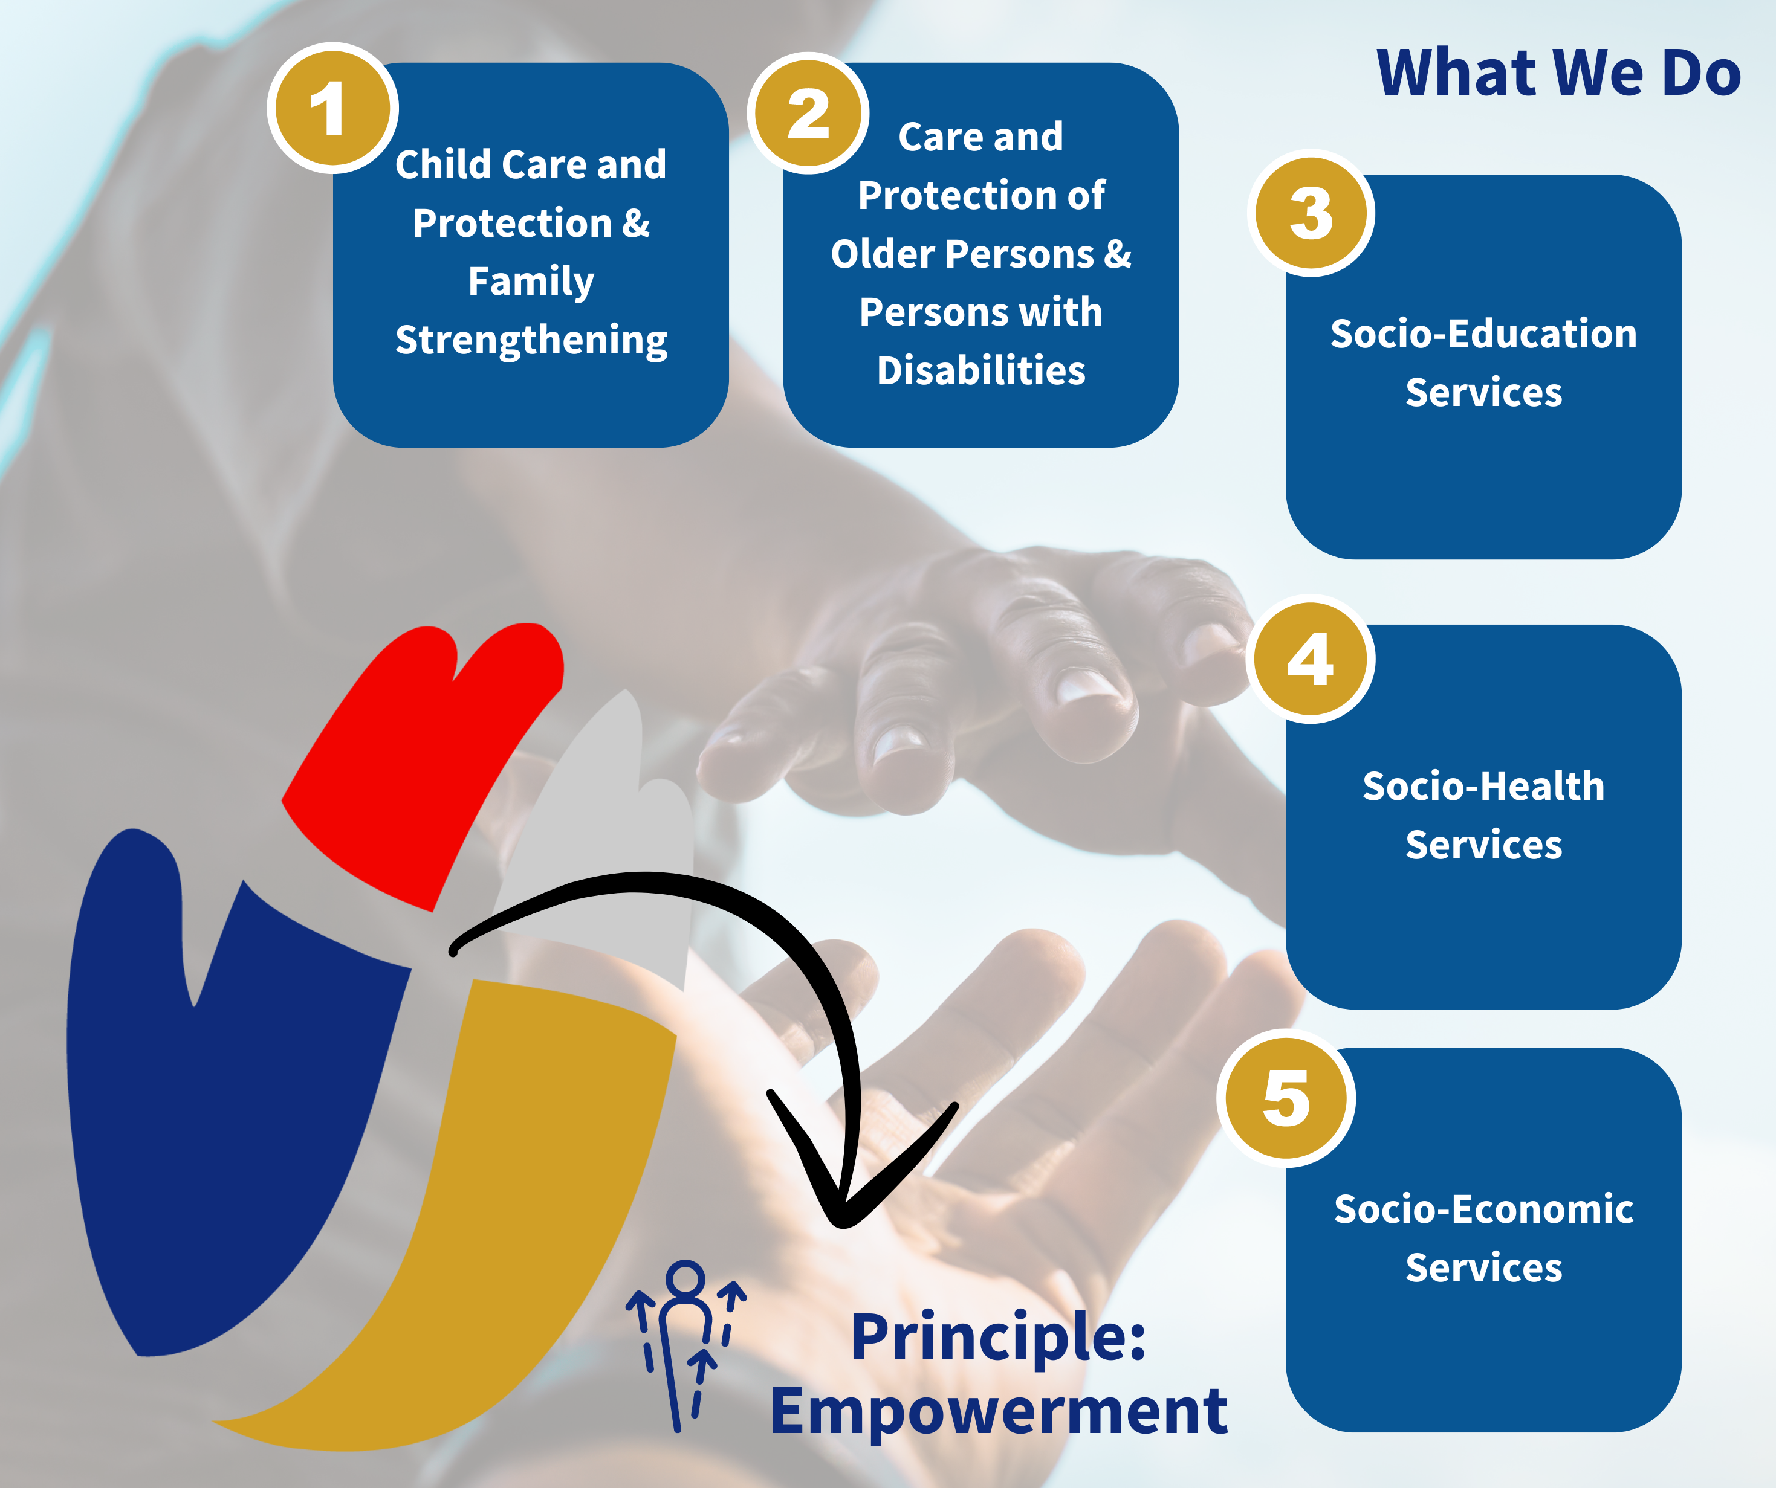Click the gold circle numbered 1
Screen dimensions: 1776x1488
pyautogui.click(x=333, y=108)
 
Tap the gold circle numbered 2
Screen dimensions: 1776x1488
pyautogui.click(x=808, y=114)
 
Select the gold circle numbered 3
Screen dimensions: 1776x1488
pyautogui.click(x=1311, y=213)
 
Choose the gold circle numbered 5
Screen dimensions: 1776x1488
pyautogui.click(x=1286, y=1098)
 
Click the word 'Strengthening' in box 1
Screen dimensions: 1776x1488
pyautogui.click(x=531, y=341)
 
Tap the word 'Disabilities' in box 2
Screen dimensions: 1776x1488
pyautogui.click(x=981, y=370)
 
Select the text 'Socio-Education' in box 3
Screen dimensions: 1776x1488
pyautogui.click(x=1483, y=334)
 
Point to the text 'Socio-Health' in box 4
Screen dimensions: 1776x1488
pyautogui.click(x=1483, y=786)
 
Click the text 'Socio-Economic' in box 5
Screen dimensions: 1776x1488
pyautogui.click(x=1483, y=1209)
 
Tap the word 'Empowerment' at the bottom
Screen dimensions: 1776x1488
pyautogui.click(x=999, y=1414)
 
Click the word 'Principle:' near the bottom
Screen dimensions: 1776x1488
pyautogui.click(x=998, y=1338)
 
